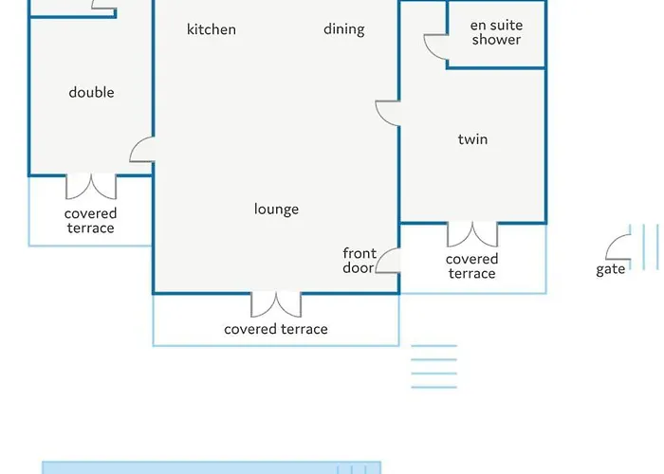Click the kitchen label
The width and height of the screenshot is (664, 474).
[212, 29]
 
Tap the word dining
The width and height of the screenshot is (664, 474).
[343, 29]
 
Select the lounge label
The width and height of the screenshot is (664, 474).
[277, 210]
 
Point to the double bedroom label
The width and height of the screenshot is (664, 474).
[91, 92]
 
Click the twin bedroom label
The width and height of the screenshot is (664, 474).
[472, 139]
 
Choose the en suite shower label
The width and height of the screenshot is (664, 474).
[496, 32]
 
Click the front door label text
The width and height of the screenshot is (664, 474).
[360, 261]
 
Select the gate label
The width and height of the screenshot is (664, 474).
[610, 269]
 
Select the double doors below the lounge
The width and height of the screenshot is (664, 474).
[276, 305]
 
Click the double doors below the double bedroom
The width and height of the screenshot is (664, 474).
[91, 187]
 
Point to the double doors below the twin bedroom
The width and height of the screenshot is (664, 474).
[472, 235]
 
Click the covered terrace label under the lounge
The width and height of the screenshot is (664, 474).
[276, 329]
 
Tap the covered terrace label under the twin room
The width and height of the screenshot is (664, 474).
[471, 266]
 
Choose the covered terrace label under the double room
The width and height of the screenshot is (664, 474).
[91, 221]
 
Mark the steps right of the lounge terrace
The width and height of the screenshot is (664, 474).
[434, 367]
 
